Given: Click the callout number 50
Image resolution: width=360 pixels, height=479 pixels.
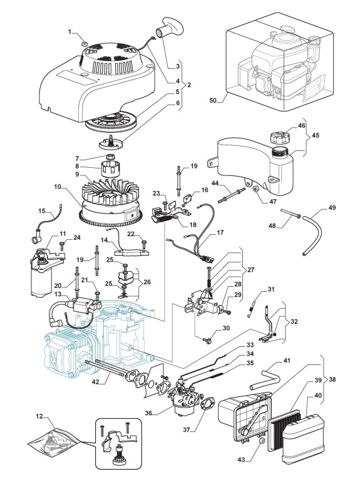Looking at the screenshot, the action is point(213,100).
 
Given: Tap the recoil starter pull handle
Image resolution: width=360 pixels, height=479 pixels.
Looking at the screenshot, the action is point(170,28).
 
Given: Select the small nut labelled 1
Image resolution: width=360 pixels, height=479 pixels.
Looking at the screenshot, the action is point(85,44).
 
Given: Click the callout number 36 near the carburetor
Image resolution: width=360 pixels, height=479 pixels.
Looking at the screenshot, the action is point(148,413).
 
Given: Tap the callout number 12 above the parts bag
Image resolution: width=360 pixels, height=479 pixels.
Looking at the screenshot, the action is point(39,416).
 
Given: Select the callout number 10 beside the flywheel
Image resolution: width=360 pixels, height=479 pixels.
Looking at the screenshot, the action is point(58,187).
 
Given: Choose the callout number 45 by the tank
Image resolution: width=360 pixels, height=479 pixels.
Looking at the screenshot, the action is point(316,135).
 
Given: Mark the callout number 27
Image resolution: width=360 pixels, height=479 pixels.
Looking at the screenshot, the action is point(251,270).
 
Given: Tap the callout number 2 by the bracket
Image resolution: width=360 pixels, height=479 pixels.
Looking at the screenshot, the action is point(189,85).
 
